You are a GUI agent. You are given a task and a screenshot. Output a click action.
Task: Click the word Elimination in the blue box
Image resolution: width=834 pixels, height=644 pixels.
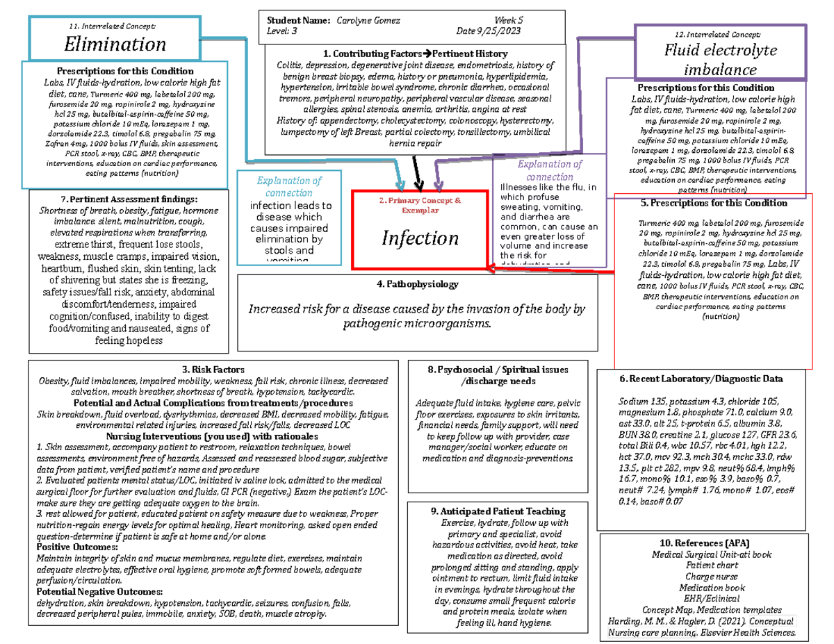click(x=115, y=44)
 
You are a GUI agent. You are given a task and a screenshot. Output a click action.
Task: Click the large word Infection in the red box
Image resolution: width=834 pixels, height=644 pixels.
click(x=419, y=238)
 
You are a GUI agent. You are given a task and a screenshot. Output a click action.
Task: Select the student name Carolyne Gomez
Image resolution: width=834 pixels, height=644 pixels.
click(x=368, y=20)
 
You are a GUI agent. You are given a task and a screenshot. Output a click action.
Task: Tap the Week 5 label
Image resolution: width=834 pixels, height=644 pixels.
click(x=510, y=20)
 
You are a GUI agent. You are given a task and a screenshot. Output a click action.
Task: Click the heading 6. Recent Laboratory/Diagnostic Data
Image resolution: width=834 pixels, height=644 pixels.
click(x=701, y=379)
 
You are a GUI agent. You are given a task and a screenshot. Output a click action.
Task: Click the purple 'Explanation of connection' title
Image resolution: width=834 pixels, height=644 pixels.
click(x=550, y=170)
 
